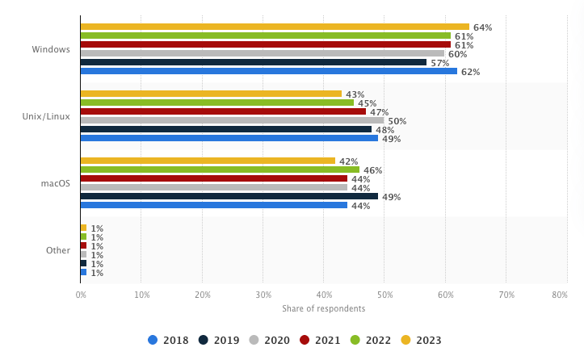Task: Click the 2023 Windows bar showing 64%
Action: pos(275,27)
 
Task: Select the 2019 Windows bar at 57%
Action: pos(254,62)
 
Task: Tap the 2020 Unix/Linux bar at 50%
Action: pos(232,120)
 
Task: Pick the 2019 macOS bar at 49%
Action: pos(229,196)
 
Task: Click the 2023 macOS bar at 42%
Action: pos(208,161)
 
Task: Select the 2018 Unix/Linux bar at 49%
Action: pos(229,138)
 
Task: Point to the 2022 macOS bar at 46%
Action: pos(220,170)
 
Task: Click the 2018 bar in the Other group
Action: pos(83,272)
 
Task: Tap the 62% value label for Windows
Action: pos(470,72)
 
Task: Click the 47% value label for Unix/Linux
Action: pos(379,112)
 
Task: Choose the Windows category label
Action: pos(51,49)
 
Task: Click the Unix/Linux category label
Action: pos(46,116)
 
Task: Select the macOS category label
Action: pos(56,183)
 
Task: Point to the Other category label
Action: pos(58,250)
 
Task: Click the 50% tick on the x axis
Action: pos(384,295)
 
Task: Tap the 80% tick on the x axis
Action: pos(559,295)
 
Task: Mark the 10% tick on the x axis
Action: pos(141,295)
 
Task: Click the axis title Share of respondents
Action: pos(323,309)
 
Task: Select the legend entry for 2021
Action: pos(321,341)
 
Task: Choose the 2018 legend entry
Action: pos(169,341)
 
